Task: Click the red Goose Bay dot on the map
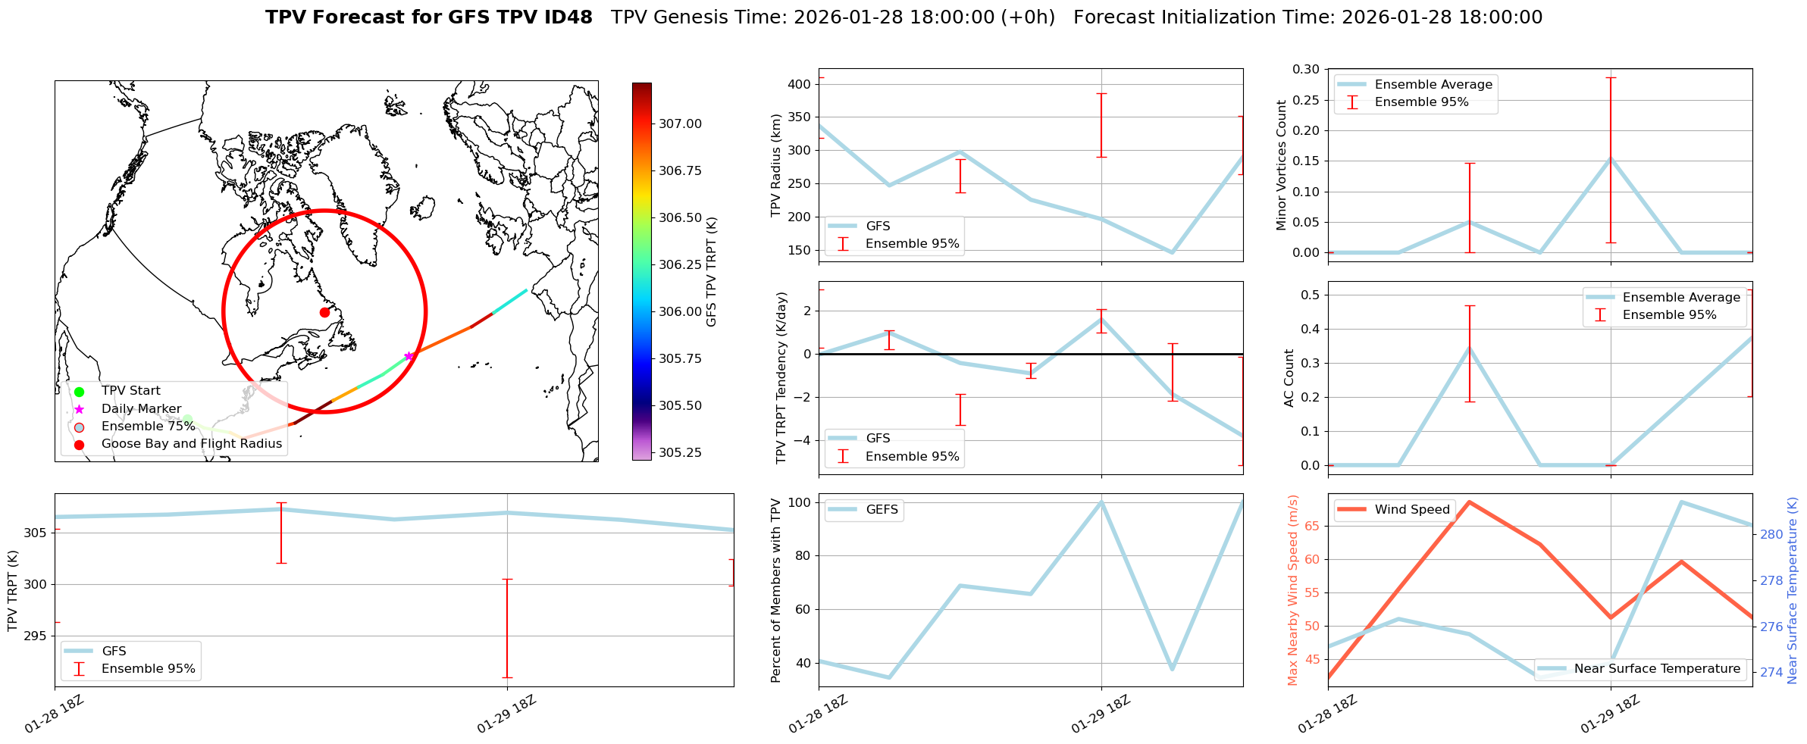tap(324, 312)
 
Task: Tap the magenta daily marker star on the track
tap(409, 356)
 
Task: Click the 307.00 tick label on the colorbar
tap(680, 123)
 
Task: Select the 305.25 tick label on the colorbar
tap(680, 452)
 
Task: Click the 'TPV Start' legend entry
tap(130, 391)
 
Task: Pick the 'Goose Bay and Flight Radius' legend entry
tap(191, 444)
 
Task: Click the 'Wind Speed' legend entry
tap(1411, 510)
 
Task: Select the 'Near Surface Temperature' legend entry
tap(1657, 669)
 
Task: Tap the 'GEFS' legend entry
tap(882, 510)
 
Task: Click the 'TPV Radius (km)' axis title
tap(776, 165)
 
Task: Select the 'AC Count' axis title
tap(1289, 378)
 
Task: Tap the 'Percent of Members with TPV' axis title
tap(776, 590)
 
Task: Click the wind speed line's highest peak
tap(1470, 502)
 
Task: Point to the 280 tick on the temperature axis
tap(1771, 534)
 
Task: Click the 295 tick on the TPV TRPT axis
tap(36, 636)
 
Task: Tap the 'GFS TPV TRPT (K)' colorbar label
tap(712, 272)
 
